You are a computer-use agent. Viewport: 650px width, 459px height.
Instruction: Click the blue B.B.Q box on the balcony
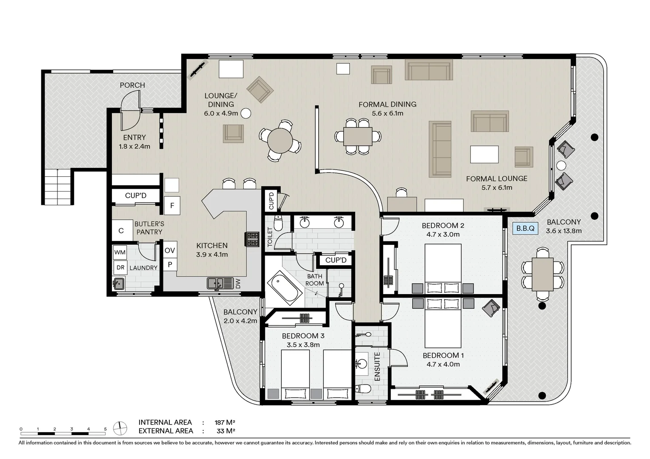[x=525, y=228]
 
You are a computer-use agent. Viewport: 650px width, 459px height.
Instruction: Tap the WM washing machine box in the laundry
[x=120, y=252]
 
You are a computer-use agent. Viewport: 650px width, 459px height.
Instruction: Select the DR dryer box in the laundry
[x=120, y=267]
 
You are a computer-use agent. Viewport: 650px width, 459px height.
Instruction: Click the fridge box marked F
[x=172, y=205]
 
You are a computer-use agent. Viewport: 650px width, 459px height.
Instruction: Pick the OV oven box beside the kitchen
[x=170, y=250]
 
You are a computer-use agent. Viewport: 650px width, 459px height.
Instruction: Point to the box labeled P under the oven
[x=170, y=264]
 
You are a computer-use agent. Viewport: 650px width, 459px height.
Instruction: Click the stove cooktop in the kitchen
[x=252, y=239]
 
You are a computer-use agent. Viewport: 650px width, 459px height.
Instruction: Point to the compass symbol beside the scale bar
[x=120, y=428]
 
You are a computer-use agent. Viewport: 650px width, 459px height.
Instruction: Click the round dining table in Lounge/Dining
[x=280, y=141]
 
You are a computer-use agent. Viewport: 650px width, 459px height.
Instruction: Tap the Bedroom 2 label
[x=443, y=225]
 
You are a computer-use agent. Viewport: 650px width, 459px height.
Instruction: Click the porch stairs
[x=57, y=187]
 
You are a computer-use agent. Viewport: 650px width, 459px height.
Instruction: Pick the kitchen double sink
[x=220, y=283]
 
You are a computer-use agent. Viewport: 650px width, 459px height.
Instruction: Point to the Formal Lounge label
[x=497, y=178]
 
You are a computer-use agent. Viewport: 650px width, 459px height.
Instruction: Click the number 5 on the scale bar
[x=105, y=429]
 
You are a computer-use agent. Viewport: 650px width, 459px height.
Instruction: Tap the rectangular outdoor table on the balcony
[x=543, y=274]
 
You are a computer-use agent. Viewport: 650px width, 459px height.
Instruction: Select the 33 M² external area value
[x=226, y=431]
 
